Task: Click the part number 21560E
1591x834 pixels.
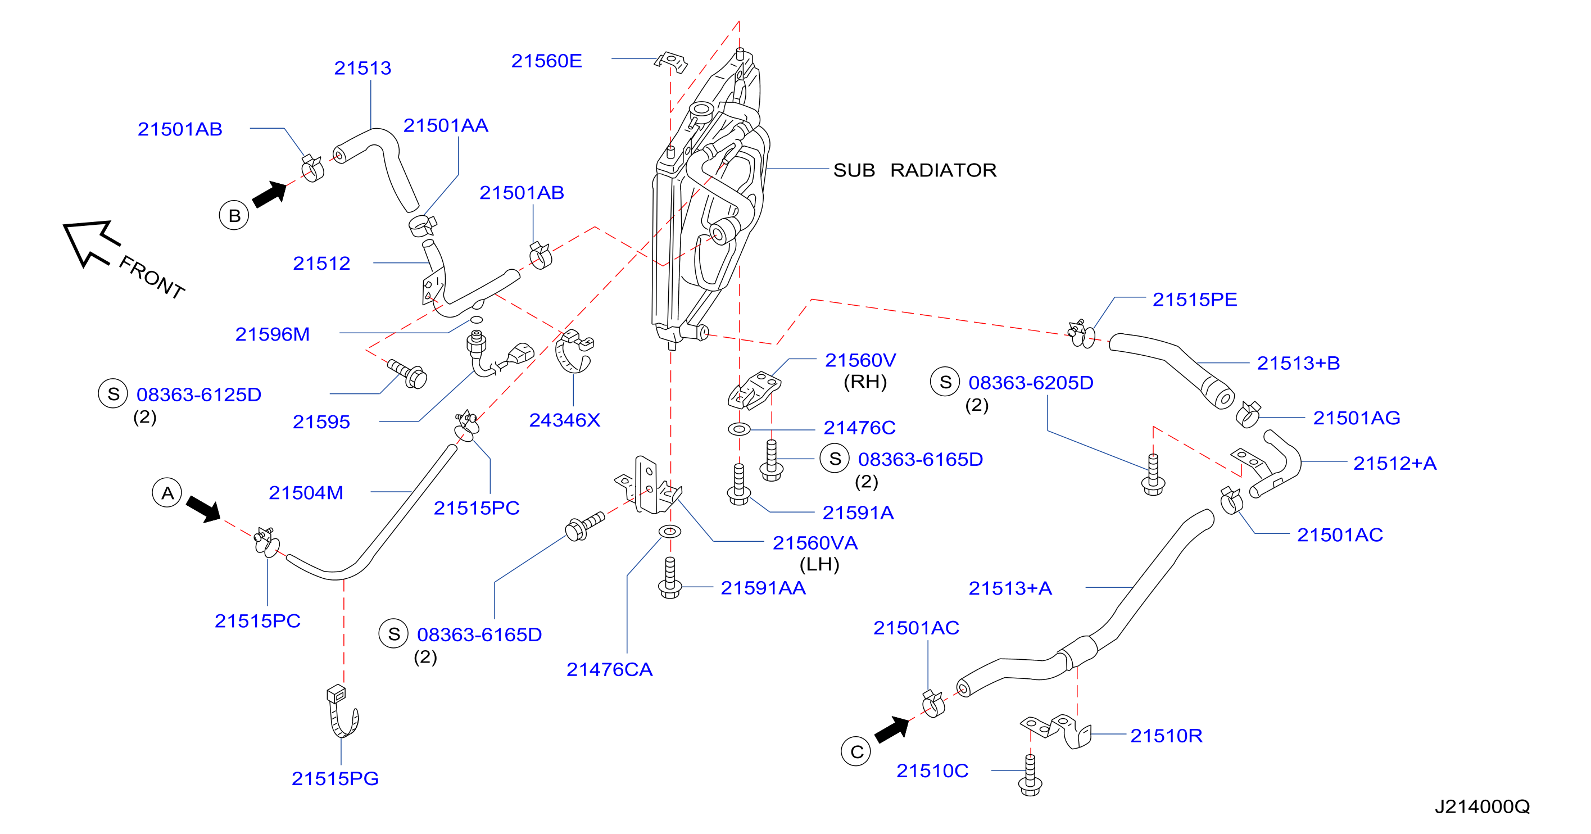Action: pos(546,61)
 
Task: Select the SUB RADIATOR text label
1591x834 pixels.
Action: pos(915,170)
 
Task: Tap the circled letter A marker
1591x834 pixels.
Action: pos(167,492)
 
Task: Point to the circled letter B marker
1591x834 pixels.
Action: pos(234,215)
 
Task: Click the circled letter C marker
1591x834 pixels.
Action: pos(856,751)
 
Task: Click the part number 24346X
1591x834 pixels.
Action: pos(564,420)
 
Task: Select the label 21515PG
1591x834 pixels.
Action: pos(335,778)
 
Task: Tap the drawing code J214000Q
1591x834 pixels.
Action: pos(1483,806)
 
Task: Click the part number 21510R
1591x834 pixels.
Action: pos(1166,735)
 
